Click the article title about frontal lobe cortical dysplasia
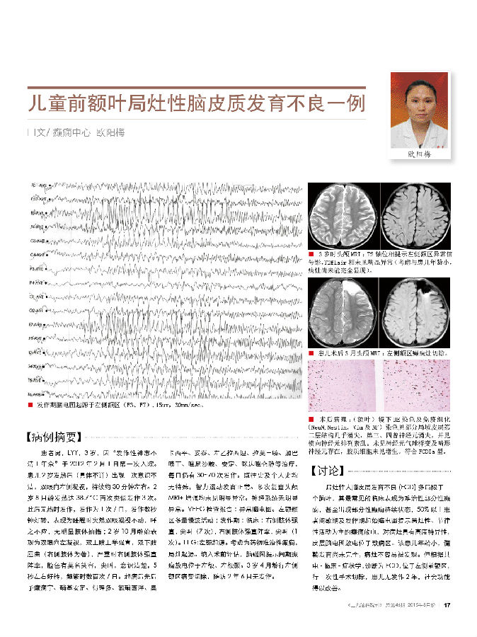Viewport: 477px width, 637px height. [196, 104]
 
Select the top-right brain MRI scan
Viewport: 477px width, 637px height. [415, 215]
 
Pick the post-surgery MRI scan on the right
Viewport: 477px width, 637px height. [415, 311]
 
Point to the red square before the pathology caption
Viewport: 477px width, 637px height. [311, 420]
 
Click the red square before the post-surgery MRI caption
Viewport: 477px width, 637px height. [311, 352]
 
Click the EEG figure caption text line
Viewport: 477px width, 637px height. [120, 406]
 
